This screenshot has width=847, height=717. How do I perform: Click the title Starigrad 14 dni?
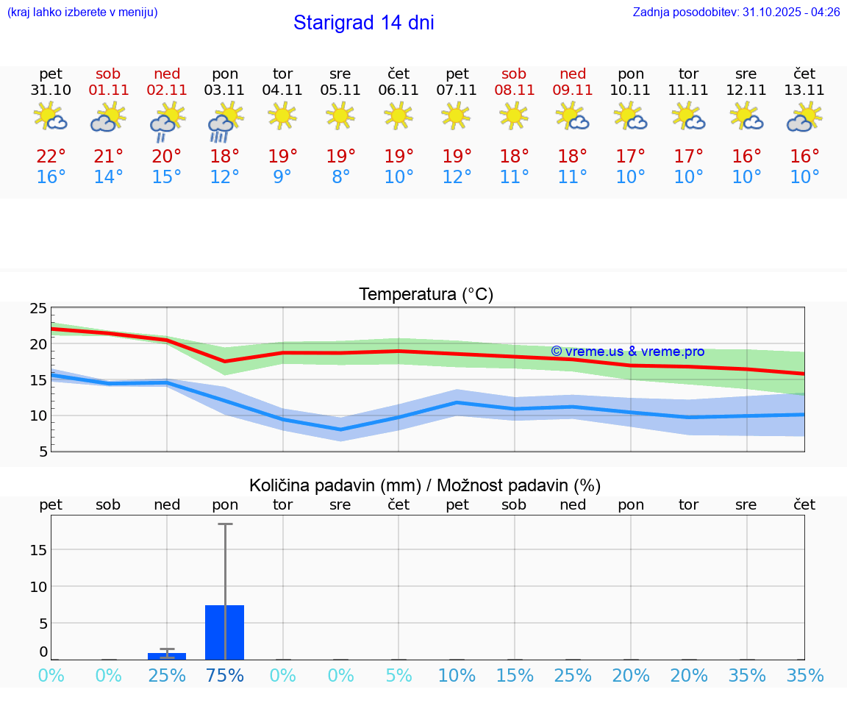click(x=363, y=23)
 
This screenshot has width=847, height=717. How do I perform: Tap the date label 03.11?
click(x=224, y=90)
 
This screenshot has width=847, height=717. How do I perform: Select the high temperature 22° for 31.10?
click(x=51, y=157)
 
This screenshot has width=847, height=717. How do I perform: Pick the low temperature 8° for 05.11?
click(x=340, y=177)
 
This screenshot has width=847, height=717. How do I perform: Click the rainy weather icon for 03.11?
click(x=224, y=121)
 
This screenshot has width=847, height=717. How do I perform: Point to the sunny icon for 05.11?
click(x=340, y=115)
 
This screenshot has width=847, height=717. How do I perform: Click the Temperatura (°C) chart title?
click(x=426, y=295)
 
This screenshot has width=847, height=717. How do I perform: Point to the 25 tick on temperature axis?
click(x=38, y=309)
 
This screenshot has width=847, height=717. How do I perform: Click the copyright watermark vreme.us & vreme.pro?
click(x=627, y=352)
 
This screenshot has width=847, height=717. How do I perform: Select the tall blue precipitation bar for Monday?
click(x=225, y=632)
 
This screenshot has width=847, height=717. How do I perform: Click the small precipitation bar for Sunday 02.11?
click(x=167, y=656)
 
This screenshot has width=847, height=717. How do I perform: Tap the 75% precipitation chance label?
click(x=225, y=676)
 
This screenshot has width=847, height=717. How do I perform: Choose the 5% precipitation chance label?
click(x=399, y=676)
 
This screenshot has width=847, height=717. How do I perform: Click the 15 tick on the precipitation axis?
click(x=38, y=550)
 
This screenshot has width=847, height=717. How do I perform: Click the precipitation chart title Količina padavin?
click(x=425, y=485)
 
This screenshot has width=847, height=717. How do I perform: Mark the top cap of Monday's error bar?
click(x=225, y=524)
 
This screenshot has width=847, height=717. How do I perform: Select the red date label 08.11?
click(x=514, y=90)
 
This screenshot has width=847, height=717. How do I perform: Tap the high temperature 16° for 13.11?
click(x=804, y=157)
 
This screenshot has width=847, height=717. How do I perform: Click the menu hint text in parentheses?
click(x=82, y=13)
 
